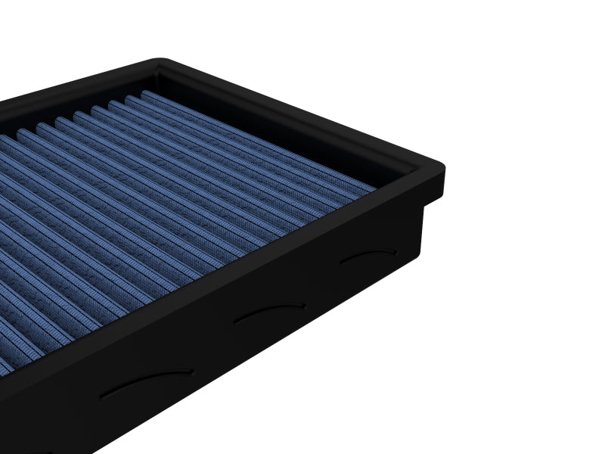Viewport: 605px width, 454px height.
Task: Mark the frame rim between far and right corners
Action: pyautogui.click(x=302, y=113)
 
